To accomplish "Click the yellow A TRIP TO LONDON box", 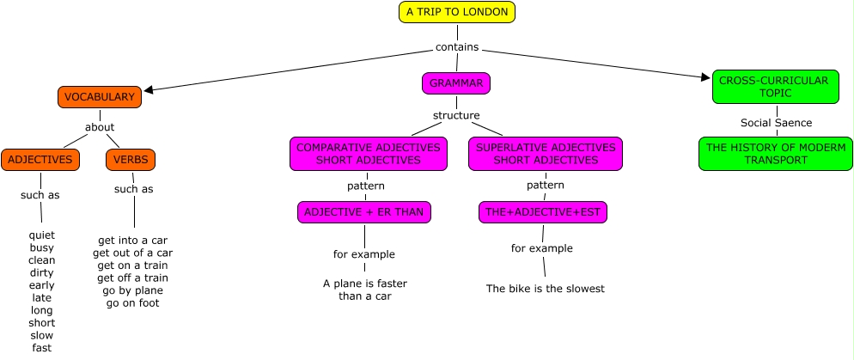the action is tap(457, 12).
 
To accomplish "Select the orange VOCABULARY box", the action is tap(100, 97).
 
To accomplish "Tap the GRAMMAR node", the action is tap(456, 83).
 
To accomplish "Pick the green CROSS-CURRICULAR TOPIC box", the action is tap(776, 87).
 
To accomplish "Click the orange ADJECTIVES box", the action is tap(40, 160).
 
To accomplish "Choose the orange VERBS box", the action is tap(131, 160).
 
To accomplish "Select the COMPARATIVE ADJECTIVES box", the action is tap(369, 154).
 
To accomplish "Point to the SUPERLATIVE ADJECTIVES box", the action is tap(546, 154).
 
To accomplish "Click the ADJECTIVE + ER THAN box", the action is tap(363, 212).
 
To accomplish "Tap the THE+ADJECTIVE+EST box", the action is tap(543, 212).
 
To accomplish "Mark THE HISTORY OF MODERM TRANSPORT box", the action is tap(776, 154).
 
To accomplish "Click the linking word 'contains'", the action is tap(457, 47).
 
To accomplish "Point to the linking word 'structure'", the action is tap(456, 115).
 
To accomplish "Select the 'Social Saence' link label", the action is tap(776, 123).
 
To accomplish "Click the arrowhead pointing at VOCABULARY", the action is tap(148, 90).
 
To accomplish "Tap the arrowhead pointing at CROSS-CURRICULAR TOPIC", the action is tap(706, 77).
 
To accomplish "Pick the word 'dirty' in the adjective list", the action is tap(41, 272).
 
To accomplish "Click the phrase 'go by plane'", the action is tap(132, 290).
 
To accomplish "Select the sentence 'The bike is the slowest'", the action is tap(546, 288).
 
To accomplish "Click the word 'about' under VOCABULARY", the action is tap(100, 127).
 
